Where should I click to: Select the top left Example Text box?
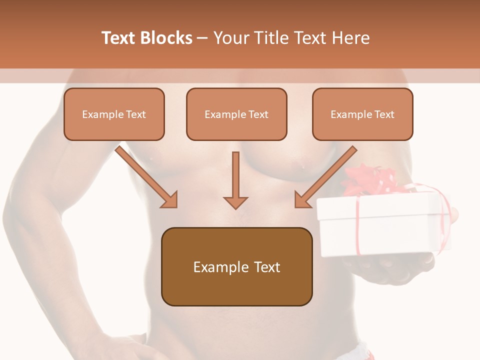(114, 114)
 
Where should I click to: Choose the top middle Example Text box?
(236, 114)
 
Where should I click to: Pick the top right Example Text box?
(362, 114)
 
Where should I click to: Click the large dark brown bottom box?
(236, 266)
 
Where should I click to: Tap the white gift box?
(382, 225)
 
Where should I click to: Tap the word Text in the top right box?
(384, 114)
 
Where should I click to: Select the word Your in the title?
(229, 38)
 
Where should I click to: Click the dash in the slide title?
(202, 38)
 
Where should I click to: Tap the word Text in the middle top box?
(258, 114)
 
